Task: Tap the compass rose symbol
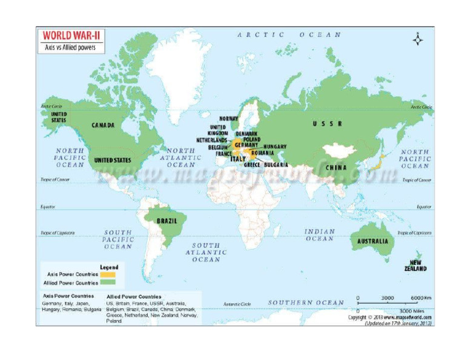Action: click(x=418, y=40)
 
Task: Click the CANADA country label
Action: click(x=104, y=125)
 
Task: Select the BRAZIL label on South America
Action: click(x=167, y=221)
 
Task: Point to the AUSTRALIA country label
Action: click(x=371, y=241)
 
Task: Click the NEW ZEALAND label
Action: click(x=416, y=265)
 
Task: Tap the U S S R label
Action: click(x=328, y=124)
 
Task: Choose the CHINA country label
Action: click(x=336, y=167)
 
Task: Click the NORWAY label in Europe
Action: click(x=229, y=119)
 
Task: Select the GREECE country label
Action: click(x=252, y=165)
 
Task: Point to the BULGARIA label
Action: click(x=275, y=165)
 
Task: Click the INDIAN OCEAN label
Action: click(x=319, y=235)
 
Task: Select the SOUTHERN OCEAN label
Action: click(x=306, y=302)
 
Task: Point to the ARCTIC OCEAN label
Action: click(x=289, y=35)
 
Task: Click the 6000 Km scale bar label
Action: click(x=421, y=298)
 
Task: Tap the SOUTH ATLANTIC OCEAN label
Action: click(x=206, y=252)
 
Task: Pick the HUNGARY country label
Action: click(x=275, y=147)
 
